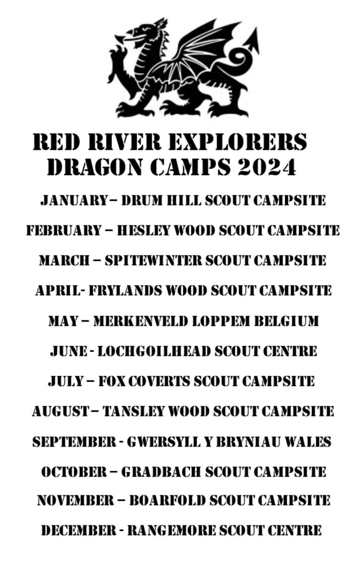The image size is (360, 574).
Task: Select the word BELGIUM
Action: click(286, 321)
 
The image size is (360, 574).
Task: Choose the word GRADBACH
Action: click(161, 472)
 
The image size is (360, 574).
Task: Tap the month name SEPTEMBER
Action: click(74, 442)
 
